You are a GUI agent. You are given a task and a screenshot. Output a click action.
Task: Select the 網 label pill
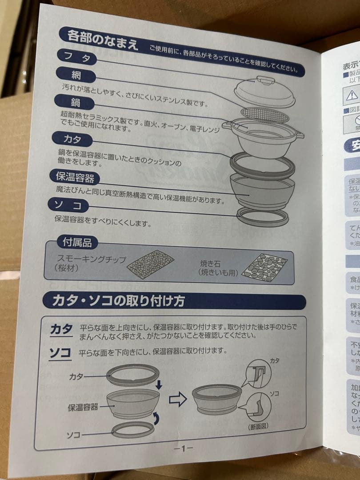pos(76,75)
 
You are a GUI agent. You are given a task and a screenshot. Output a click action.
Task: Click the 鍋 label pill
pos(75,102)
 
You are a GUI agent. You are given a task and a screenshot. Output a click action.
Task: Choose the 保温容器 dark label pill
pos(75,177)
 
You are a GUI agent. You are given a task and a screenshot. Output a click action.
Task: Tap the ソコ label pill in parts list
pos(69,206)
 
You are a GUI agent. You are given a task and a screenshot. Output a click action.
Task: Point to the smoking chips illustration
pos(150,264)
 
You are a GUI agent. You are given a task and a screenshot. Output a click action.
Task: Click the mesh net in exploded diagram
pos(265,115)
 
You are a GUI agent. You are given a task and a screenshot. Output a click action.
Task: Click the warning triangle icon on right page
pos(352,94)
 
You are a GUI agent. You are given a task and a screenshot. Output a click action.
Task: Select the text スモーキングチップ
pos(92,259)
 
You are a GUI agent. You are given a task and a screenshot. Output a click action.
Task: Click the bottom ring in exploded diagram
pos(262,217)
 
